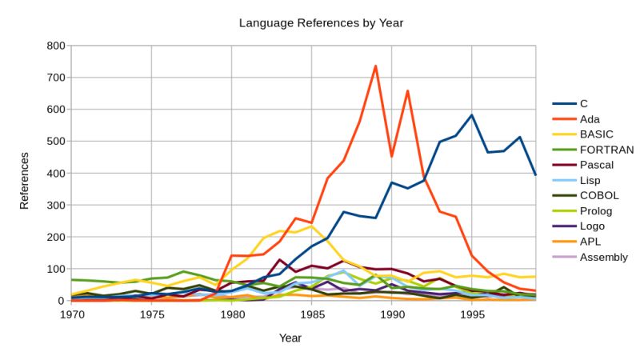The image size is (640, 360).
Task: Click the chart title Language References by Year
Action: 321,22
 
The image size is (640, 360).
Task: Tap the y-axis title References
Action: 24,181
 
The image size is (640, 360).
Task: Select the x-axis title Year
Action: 290,338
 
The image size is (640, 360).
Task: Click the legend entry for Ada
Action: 590,118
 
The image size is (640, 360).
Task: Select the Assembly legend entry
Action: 604,257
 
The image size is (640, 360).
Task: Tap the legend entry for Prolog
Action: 596,211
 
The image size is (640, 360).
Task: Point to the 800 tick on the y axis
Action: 54,46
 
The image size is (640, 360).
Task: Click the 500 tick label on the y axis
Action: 54,142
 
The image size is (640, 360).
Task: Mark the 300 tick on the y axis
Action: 54,206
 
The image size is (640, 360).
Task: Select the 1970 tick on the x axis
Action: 72,315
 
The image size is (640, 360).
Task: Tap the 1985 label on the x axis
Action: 312,315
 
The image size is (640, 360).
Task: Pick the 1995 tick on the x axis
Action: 472,315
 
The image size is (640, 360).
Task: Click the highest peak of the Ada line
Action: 375,66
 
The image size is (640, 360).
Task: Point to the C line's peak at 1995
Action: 472,115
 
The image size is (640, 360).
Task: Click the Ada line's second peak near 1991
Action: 408,90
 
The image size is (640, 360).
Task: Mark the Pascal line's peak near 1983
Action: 280,260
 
